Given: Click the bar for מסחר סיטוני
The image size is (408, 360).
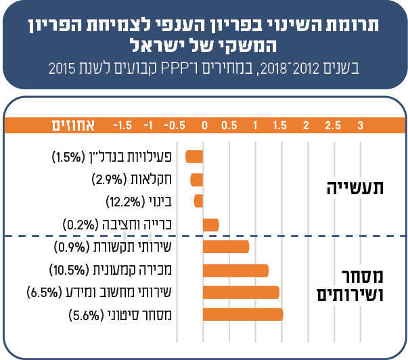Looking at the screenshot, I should tap(243, 315).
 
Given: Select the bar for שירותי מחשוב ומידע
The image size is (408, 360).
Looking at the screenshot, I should tap(241, 292).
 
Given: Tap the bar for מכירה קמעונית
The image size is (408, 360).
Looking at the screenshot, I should tap(236, 271).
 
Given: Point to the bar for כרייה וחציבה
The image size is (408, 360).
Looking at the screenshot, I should tap(210, 225).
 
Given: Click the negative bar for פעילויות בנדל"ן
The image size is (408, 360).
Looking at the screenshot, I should tap(195, 157).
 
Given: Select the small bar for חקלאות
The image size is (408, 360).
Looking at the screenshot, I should tap(197, 179).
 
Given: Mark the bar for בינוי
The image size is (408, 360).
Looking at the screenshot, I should tap(199, 201).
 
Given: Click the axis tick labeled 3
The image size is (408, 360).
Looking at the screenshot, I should tap(360, 125).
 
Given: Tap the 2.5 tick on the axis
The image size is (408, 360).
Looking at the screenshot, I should tap(333, 125).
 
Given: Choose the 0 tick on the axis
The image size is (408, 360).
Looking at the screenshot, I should tap(204, 125).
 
